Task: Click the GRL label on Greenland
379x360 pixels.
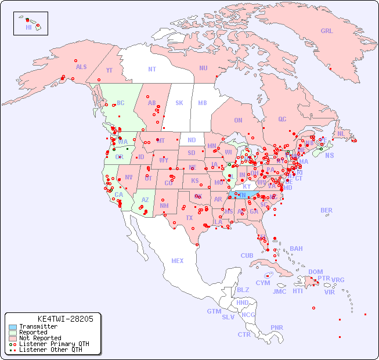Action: tap(327, 31)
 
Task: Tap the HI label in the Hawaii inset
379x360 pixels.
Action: tap(28, 27)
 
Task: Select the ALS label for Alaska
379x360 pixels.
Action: tap(81, 67)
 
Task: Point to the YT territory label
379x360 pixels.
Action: tap(109, 70)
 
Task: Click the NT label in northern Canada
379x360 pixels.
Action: tap(152, 69)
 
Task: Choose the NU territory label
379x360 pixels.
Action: tap(203, 68)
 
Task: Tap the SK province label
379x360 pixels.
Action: tap(179, 103)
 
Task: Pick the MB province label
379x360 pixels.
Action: tap(203, 103)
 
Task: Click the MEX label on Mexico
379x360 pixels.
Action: tap(178, 261)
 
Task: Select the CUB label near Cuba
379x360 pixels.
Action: tap(247, 255)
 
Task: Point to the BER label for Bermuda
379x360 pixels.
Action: tap(326, 210)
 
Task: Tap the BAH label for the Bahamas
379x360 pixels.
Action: tap(296, 249)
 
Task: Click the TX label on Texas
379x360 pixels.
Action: tap(189, 218)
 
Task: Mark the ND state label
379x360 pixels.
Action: tap(192, 140)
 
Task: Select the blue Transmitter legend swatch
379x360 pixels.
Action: tap(13, 327)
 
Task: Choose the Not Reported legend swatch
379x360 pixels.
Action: tap(13, 339)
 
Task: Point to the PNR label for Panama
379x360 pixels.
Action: tap(277, 327)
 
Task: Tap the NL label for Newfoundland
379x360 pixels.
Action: tap(341, 133)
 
